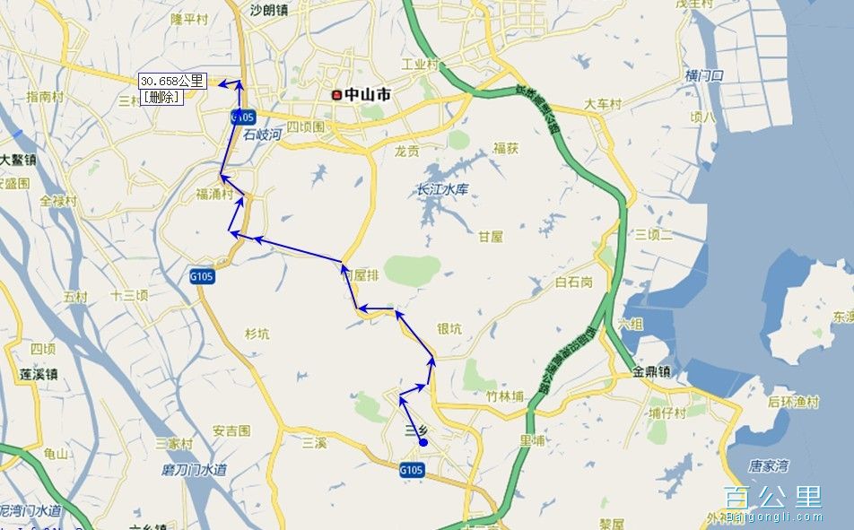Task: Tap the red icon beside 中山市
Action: (336, 94)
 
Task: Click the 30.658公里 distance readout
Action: (172, 81)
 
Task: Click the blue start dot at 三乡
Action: (423, 441)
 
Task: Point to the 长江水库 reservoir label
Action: (443, 190)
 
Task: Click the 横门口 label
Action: (704, 75)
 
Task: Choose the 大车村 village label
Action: (603, 105)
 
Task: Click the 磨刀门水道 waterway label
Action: (195, 470)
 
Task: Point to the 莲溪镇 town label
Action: (39, 374)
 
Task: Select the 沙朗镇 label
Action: (269, 11)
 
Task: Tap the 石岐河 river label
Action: (263, 135)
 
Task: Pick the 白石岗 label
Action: (574, 282)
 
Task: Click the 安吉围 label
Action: (231, 431)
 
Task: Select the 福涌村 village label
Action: (215, 194)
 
